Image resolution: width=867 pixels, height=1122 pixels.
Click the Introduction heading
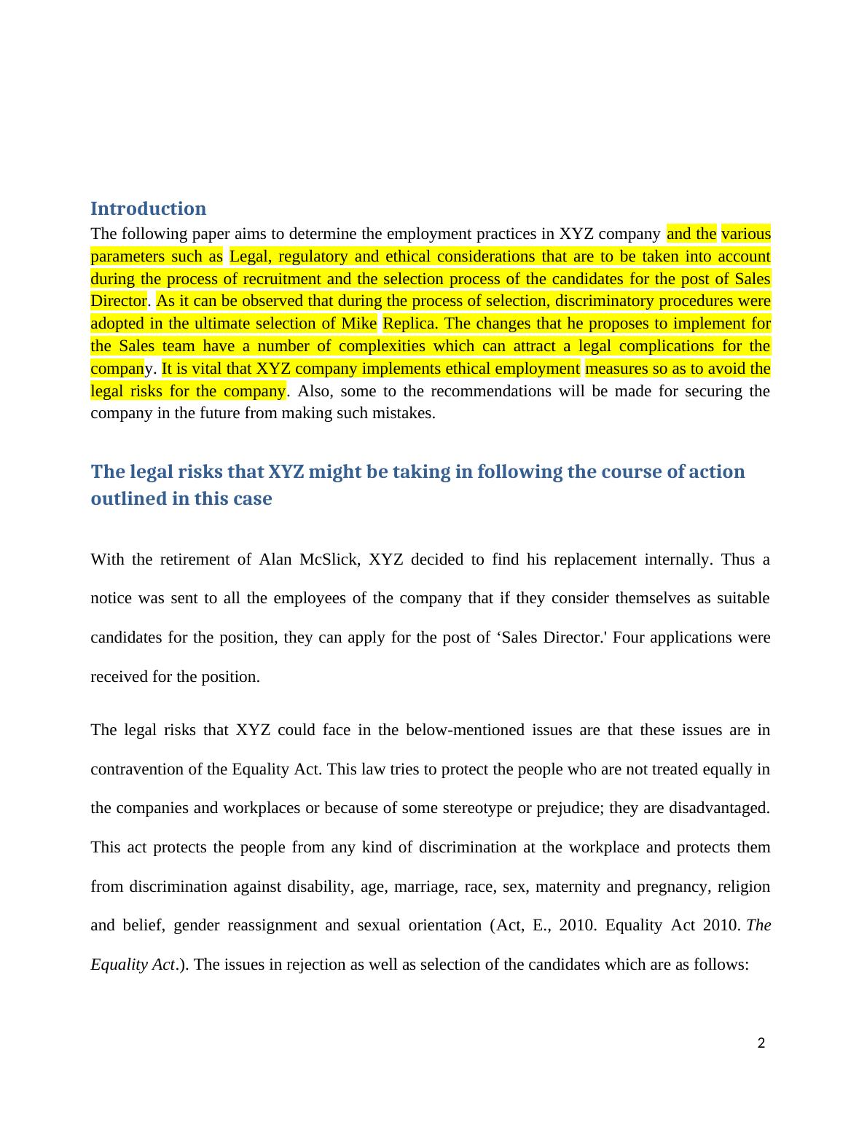click(x=148, y=208)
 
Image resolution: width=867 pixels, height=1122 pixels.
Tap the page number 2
click(x=761, y=1043)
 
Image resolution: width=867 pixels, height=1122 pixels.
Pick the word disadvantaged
click(x=718, y=808)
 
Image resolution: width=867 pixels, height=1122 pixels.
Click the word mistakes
click(x=402, y=413)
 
